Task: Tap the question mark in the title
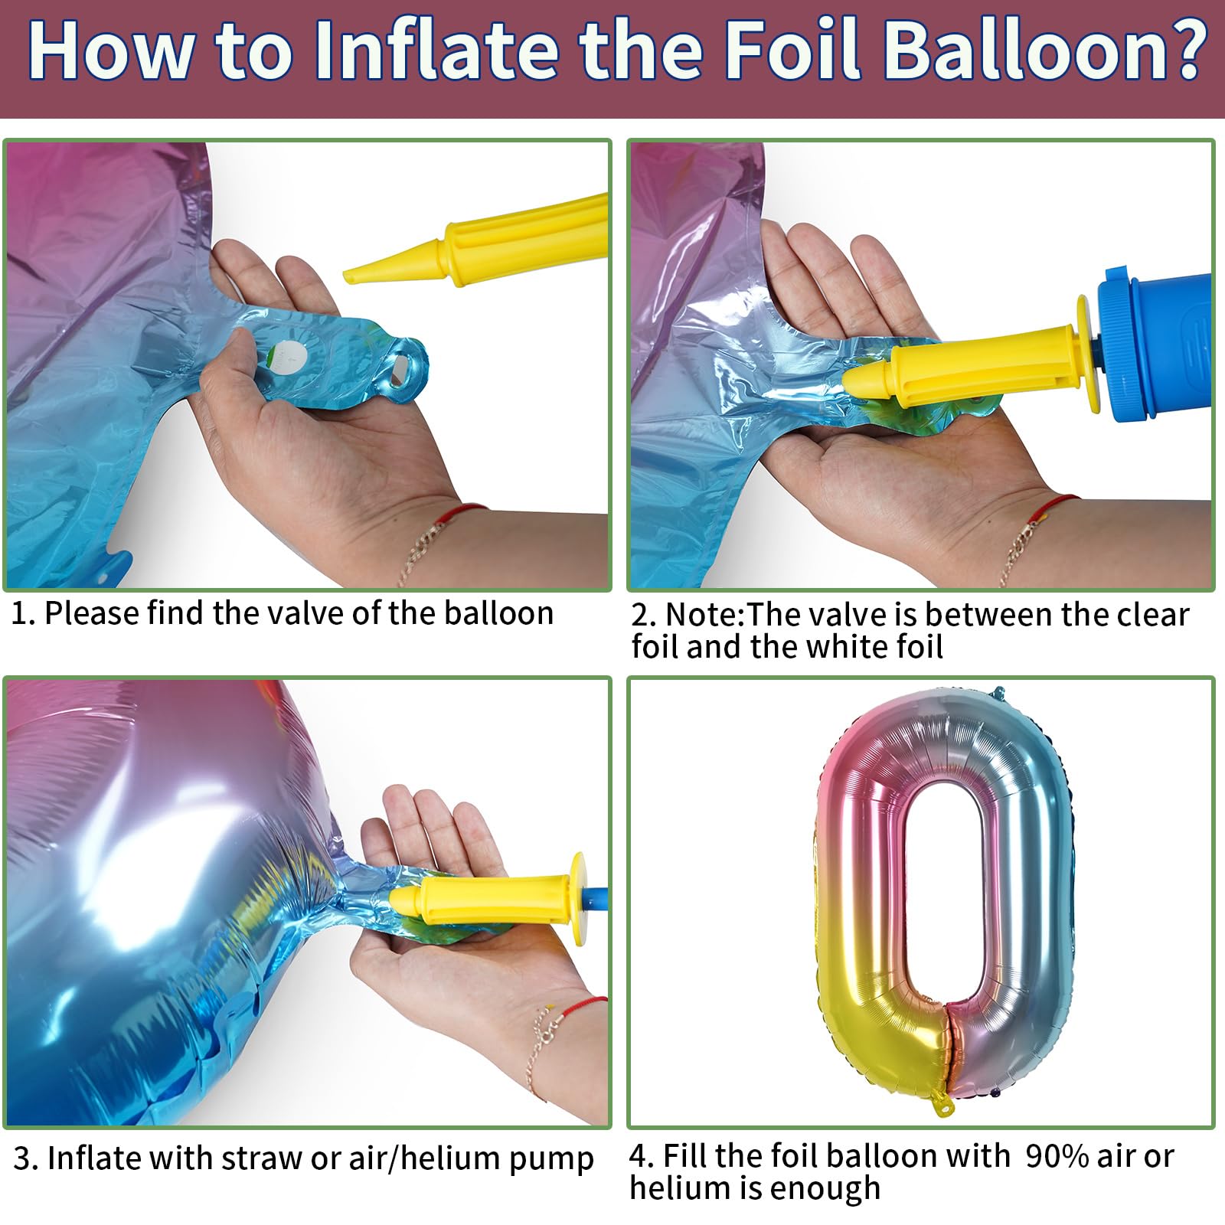tap(1184, 51)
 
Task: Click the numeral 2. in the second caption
tap(643, 615)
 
